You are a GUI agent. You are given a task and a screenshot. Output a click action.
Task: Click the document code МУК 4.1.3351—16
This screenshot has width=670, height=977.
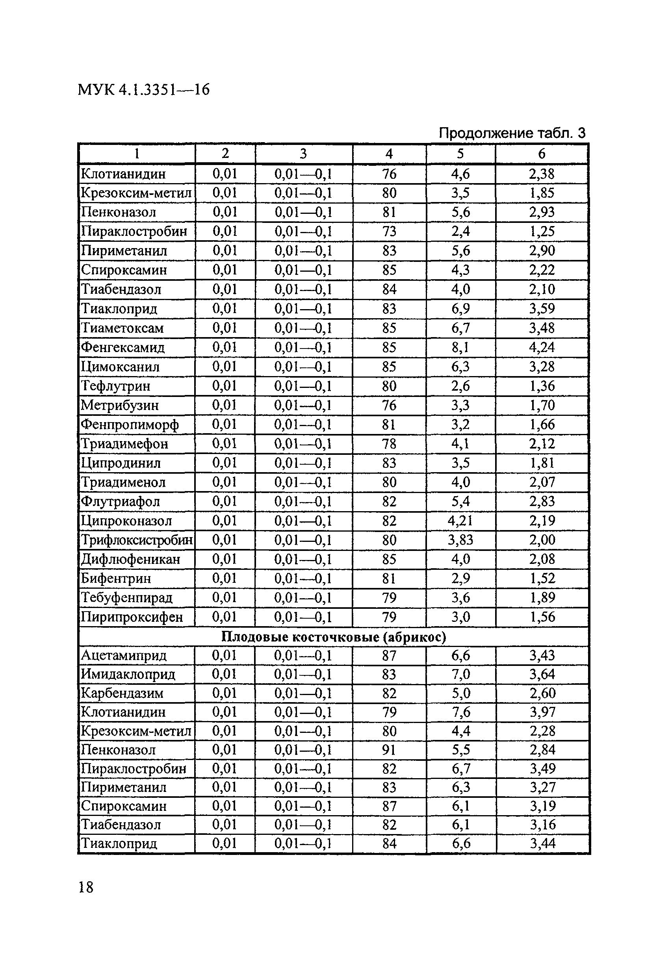click(143, 89)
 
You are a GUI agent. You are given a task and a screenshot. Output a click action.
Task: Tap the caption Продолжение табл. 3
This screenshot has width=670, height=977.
click(511, 133)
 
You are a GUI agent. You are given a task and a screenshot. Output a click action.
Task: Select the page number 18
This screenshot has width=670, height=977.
click(86, 888)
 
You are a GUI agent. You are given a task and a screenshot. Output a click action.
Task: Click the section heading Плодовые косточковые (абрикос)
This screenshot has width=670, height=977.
click(333, 637)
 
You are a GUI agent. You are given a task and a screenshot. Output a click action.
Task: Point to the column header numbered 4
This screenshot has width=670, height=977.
click(389, 154)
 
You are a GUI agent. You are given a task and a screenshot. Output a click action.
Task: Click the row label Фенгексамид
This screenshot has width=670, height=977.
click(122, 348)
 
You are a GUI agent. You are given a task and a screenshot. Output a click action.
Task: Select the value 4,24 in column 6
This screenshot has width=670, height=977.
click(542, 348)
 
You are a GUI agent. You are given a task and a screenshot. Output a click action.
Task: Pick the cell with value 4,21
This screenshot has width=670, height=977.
click(460, 521)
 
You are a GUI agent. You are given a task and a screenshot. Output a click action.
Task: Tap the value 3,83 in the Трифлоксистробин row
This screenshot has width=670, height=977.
click(460, 540)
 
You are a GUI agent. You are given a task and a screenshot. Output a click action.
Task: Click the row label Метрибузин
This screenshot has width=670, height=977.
click(120, 405)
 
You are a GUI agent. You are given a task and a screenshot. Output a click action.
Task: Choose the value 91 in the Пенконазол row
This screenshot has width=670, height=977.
click(389, 749)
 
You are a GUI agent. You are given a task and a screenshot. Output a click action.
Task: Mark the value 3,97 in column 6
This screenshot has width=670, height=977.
click(542, 712)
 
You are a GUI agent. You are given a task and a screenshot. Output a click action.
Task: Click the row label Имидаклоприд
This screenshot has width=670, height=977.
click(128, 674)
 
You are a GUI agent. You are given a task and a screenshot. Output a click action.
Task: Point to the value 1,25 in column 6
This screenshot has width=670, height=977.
click(542, 231)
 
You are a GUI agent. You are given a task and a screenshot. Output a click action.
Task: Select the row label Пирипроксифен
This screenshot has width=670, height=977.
click(132, 617)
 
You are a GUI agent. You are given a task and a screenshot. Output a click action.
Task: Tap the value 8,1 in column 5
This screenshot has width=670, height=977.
click(460, 348)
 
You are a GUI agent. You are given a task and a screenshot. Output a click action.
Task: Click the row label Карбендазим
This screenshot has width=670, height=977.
click(122, 693)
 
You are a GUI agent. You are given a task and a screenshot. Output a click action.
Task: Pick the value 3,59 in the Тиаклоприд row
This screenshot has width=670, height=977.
click(542, 309)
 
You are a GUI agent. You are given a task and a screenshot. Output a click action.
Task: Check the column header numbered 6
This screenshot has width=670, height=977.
click(542, 154)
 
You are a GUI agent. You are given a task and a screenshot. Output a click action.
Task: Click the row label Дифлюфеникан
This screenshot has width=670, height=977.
click(130, 560)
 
